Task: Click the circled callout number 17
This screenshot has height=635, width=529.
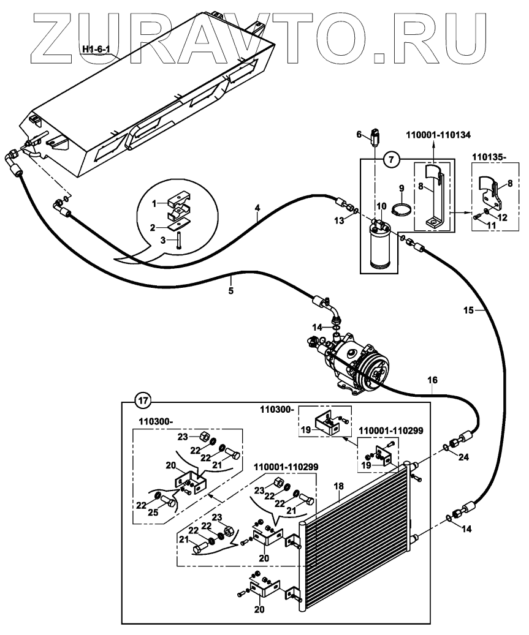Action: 142,402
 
